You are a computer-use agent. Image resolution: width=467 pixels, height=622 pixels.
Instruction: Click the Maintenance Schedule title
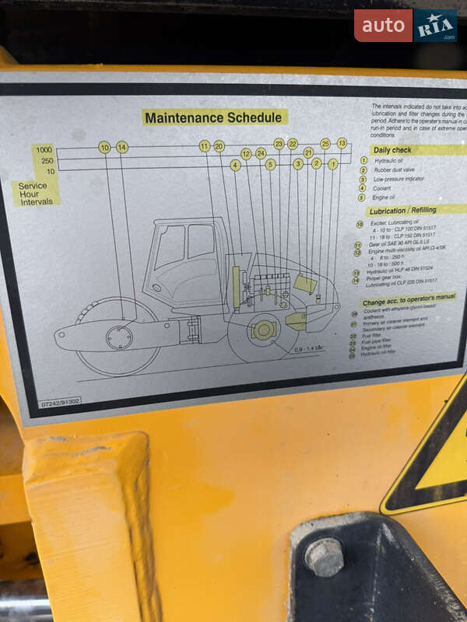pos(214,117)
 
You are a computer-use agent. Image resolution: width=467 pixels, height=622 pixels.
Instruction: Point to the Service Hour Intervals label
pos(36,194)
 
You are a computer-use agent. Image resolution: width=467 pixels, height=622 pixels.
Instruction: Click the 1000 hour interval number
pos(44,149)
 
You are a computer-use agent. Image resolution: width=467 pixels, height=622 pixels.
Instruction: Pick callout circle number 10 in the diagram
pos(104,147)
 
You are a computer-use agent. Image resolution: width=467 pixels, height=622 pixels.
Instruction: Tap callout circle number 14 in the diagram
pos(122,147)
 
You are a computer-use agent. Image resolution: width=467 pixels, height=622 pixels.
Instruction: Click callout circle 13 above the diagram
pos(341,143)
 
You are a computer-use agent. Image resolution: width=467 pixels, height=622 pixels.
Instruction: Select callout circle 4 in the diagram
pos(235,165)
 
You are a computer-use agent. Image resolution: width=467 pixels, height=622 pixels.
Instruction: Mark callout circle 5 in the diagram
pos(270,165)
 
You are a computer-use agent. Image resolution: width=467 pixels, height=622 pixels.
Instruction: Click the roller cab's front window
pos(169,247)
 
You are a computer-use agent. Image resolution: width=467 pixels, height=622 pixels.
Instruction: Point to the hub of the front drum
pos(119,337)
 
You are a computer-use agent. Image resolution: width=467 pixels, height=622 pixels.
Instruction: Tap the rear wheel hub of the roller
pos(264,330)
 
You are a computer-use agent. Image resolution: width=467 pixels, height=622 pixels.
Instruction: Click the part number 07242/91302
pos(61,403)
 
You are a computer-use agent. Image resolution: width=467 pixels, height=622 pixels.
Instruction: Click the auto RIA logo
pos(405,26)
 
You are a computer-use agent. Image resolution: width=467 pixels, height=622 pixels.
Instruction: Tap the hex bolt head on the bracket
pos(325,556)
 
